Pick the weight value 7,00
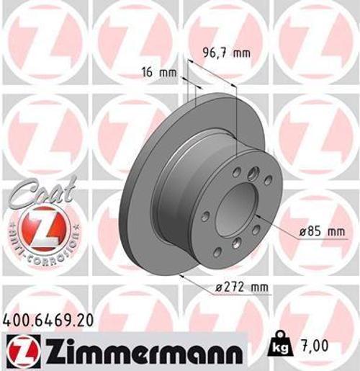tap(315, 345)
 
